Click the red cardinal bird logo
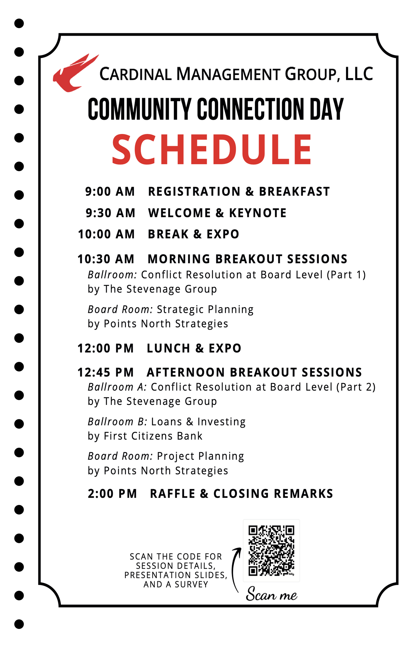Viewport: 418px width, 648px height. coord(74,74)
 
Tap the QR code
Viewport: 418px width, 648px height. coord(271,550)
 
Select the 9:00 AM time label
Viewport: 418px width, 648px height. coord(110,192)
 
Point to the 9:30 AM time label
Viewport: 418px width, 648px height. coord(111,213)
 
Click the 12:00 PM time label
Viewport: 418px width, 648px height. coord(106,348)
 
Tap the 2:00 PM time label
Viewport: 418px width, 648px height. coord(112,494)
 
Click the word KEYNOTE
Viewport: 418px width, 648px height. coord(257,213)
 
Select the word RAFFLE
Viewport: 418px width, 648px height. coord(172,494)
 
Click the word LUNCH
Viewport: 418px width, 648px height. coord(168,348)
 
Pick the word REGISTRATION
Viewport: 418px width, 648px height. coord(194,192)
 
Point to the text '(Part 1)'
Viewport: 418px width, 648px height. coord(346,275)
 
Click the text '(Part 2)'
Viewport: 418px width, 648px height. coord(356,387)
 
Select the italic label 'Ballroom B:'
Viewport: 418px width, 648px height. coord(117,422)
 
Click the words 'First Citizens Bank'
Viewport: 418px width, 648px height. coord(153,436)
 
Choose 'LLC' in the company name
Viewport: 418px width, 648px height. coord(359,74)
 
